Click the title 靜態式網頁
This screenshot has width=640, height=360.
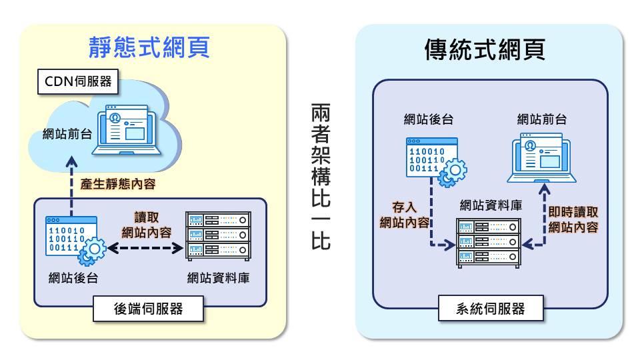(x=150, y=47)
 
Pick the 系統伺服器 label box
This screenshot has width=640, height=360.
(x=491, y=309)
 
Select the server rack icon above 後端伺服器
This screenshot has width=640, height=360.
(x=218, y=237)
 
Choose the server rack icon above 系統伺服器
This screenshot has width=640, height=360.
(x=488, y=243)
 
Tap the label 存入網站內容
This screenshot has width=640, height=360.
(x=403, y=215)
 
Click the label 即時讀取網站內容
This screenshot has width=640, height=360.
(x=573, y=219)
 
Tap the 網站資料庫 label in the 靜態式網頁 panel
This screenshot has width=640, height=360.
(x=219, y=277)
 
